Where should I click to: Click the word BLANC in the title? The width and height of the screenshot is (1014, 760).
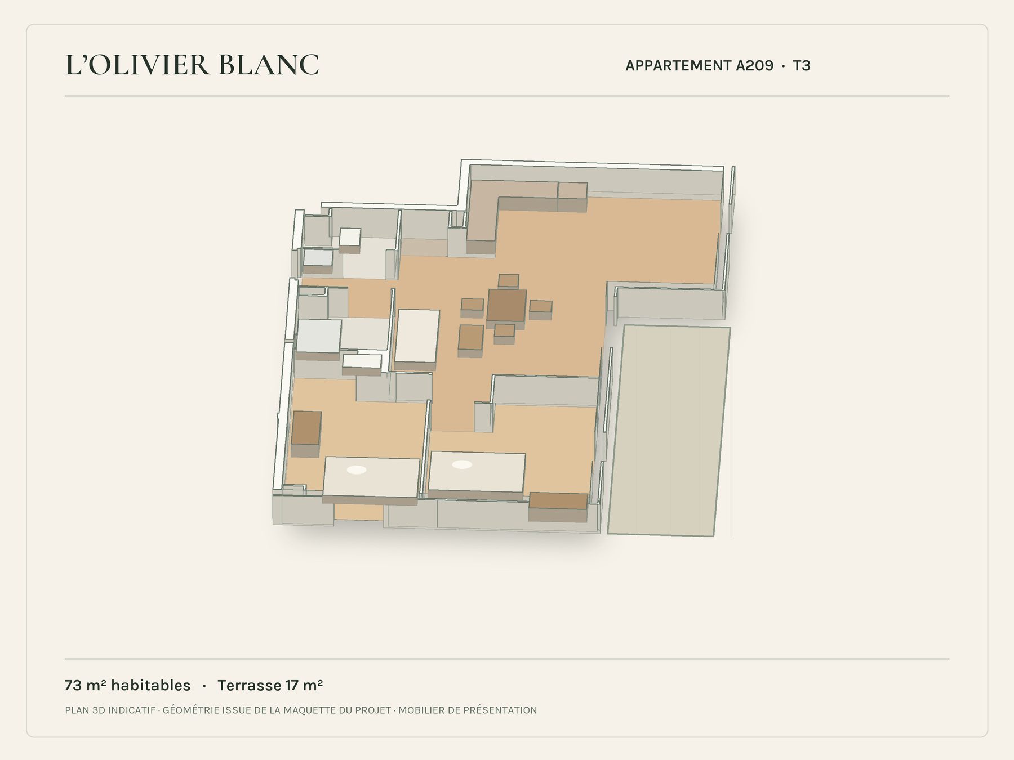point(268,65)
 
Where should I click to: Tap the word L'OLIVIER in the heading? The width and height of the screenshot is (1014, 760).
point(137,65)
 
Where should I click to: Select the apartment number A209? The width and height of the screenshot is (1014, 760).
point(754,66)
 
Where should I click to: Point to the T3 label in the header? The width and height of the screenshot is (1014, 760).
point(802,66)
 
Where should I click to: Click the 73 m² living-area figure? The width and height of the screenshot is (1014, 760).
point(82,685)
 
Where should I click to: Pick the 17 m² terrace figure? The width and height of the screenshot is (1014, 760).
point(304,685)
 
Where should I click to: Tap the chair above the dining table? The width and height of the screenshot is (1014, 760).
point(509,280)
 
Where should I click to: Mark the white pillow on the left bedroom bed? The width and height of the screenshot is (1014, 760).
point(357,470)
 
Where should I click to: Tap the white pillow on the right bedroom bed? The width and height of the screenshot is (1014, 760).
point(462,464)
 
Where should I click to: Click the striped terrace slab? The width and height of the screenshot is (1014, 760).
point(669,431)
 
